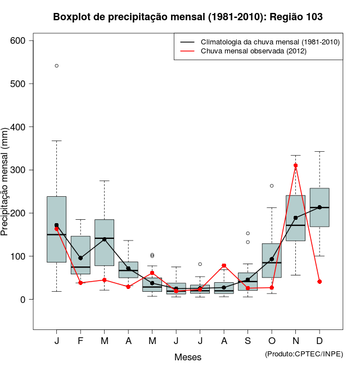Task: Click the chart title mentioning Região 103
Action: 188,17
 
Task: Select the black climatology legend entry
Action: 259,42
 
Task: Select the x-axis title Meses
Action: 188,357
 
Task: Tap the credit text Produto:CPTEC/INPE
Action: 304,354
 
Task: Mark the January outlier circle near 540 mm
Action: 57,66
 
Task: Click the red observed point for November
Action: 295,166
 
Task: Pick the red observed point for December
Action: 319,281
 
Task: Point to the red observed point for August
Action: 224,265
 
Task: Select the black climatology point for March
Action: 105,239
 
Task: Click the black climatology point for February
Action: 80,258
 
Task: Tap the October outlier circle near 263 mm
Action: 272,185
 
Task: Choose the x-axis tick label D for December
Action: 319,341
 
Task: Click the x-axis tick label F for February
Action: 80,341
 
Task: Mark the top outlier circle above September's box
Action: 247,233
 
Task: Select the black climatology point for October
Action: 272,259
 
